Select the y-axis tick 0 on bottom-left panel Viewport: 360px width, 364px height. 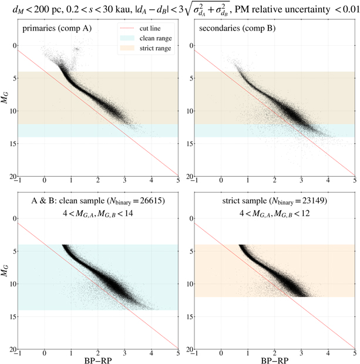tap(12, 218)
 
